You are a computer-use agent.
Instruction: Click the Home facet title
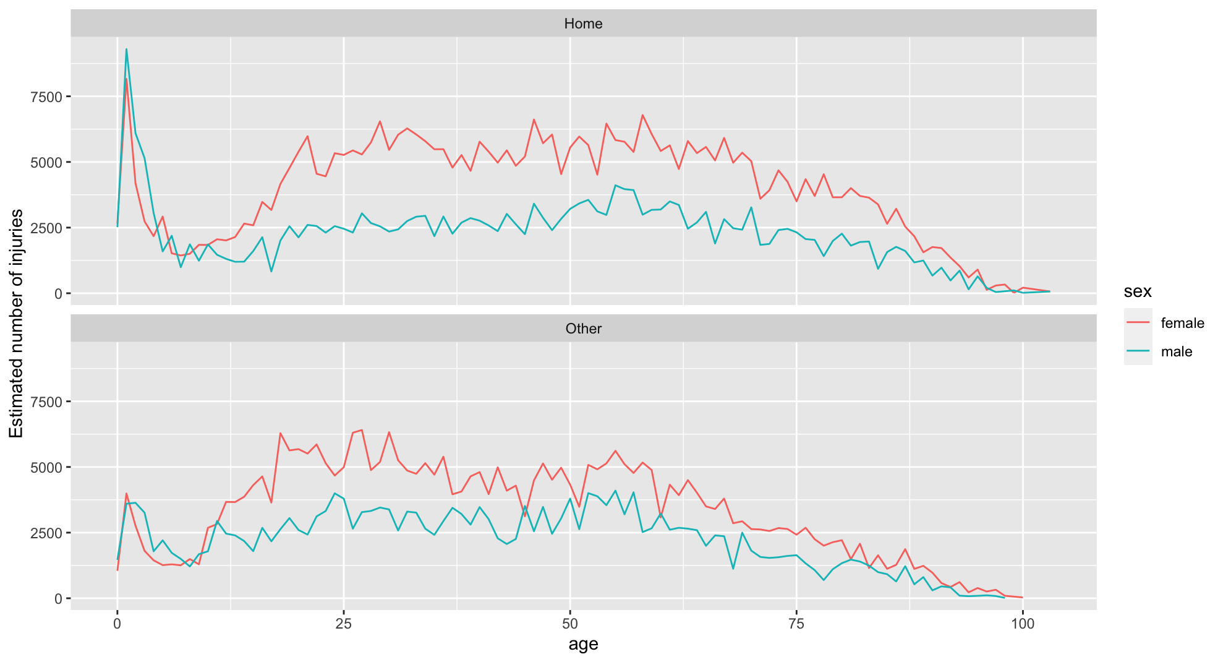pyautogui.click(x=583, y=24)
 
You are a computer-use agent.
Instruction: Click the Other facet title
pyautogui.click(x=583, y=329)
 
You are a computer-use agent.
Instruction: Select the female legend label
pyautogui.click(x=1182, y=323)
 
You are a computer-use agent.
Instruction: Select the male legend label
pyautogui.click(x=1176, y=351)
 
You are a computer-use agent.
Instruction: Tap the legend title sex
pyautogui.click(x=1137, y=291)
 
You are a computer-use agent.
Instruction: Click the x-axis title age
pyautogui.click(x=583, y=645)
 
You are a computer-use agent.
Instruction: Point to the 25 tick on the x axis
pyautogui.click(x=344, y=624)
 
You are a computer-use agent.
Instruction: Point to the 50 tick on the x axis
pyautogui.click(x=570, y=624)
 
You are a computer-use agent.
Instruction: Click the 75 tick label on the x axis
pyautogui.click(x=796, y=624)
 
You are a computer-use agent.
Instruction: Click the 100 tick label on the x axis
pyautogui.click(x=1023, y=624)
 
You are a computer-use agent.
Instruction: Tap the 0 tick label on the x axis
pyautogui.click(x=117, y=624)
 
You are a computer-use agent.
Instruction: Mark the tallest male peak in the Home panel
pyautogui.click(x=126, y=49)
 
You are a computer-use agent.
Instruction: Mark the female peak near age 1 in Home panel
pyautogui.click(x=126, y=79)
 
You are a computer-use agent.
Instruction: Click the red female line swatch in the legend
pyautogui.click(x=1138, y=323)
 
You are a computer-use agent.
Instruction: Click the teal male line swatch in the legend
pyautogui.click(x=1138, y=351)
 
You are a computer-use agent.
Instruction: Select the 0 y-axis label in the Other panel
pyautogui.click(x=58, y=599)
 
